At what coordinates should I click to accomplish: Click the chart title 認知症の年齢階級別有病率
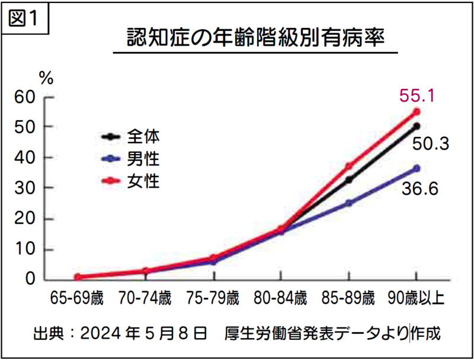(x=256, y=38)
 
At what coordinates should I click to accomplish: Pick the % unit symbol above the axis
(x=46, y=77)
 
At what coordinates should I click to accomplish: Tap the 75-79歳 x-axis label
(x=213, y=298)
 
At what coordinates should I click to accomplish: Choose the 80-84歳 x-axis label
(x=280, y=298)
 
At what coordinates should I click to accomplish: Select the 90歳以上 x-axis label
(x=416, y=298)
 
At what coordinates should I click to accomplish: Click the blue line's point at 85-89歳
(x=349, y=203)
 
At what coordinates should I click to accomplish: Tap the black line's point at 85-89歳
(x=349, y=180)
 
